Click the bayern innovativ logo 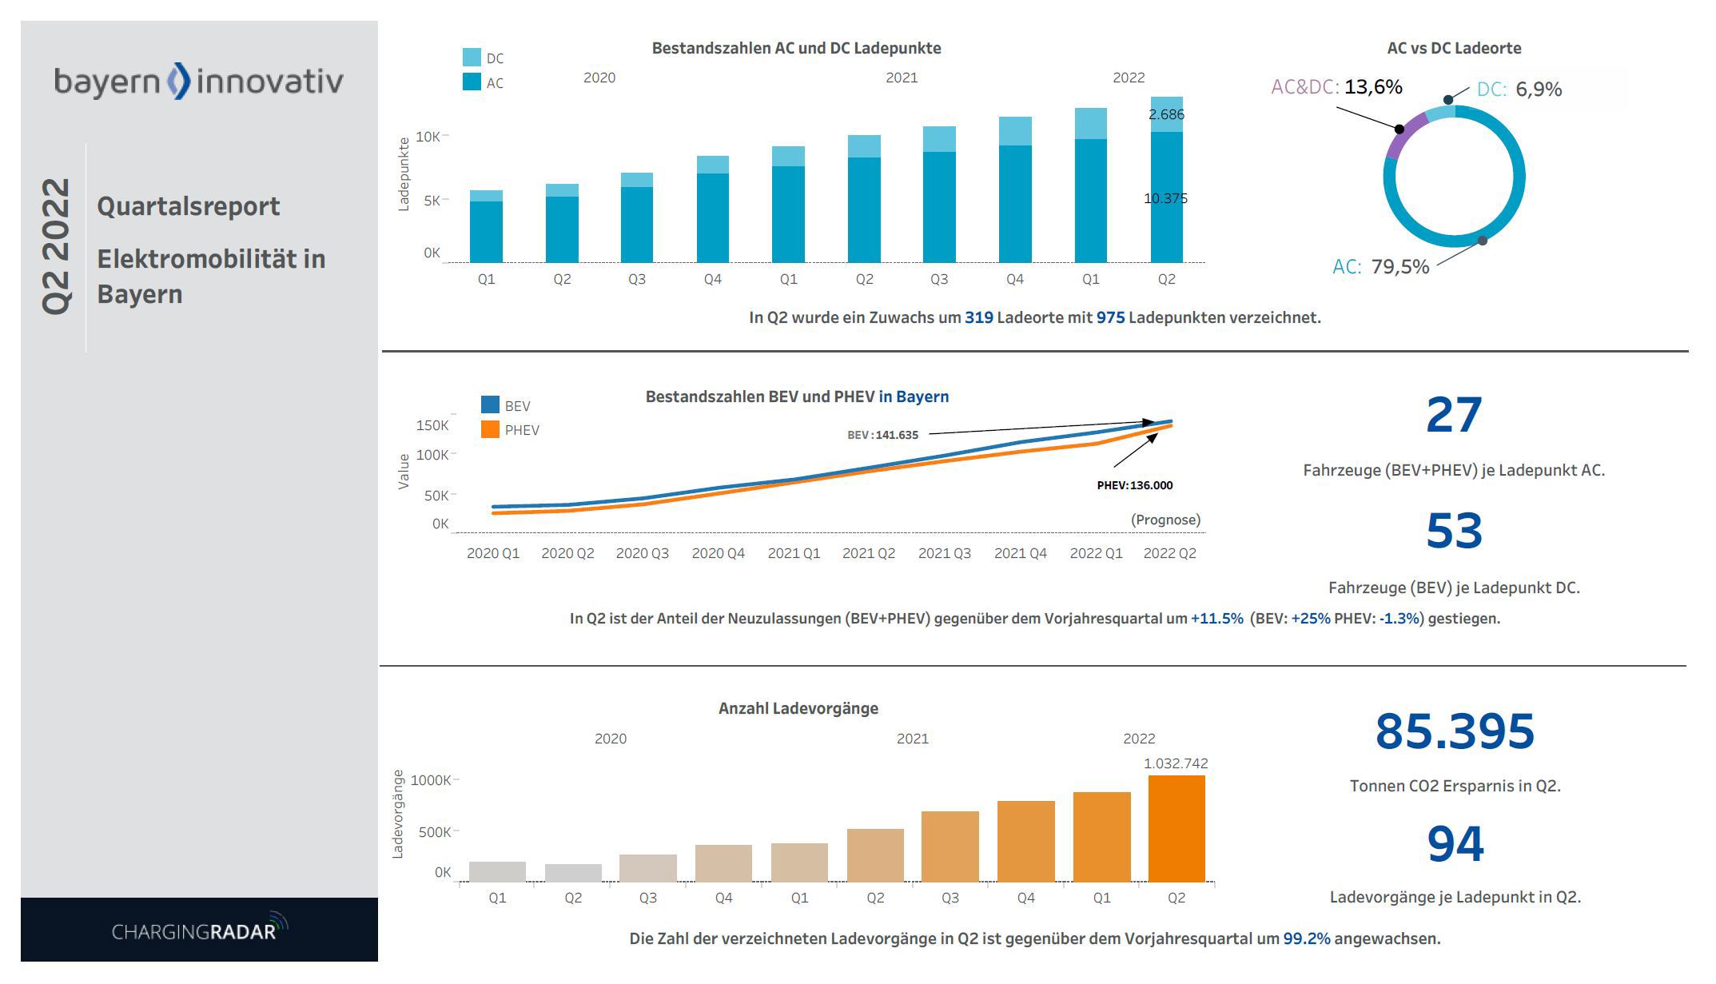[198, 82]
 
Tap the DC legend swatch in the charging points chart [472, 58]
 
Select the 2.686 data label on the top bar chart [1166, 114]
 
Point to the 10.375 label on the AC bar [1165, 198]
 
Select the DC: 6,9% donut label [1519, 90]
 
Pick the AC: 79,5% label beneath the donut [1380, 267]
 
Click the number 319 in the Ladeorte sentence [978, 317]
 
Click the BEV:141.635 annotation [882, 435]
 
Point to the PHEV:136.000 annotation [1134, 485]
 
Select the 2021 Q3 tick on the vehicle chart [944, 553]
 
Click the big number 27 [1453, 416]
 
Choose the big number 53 [1453, 532]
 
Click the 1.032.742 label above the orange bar [1175, 763]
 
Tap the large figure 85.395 [1455, 731]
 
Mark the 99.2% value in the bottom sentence [1306, 938]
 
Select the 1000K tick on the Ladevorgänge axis [431, 780]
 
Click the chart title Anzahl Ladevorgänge [798, 708]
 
